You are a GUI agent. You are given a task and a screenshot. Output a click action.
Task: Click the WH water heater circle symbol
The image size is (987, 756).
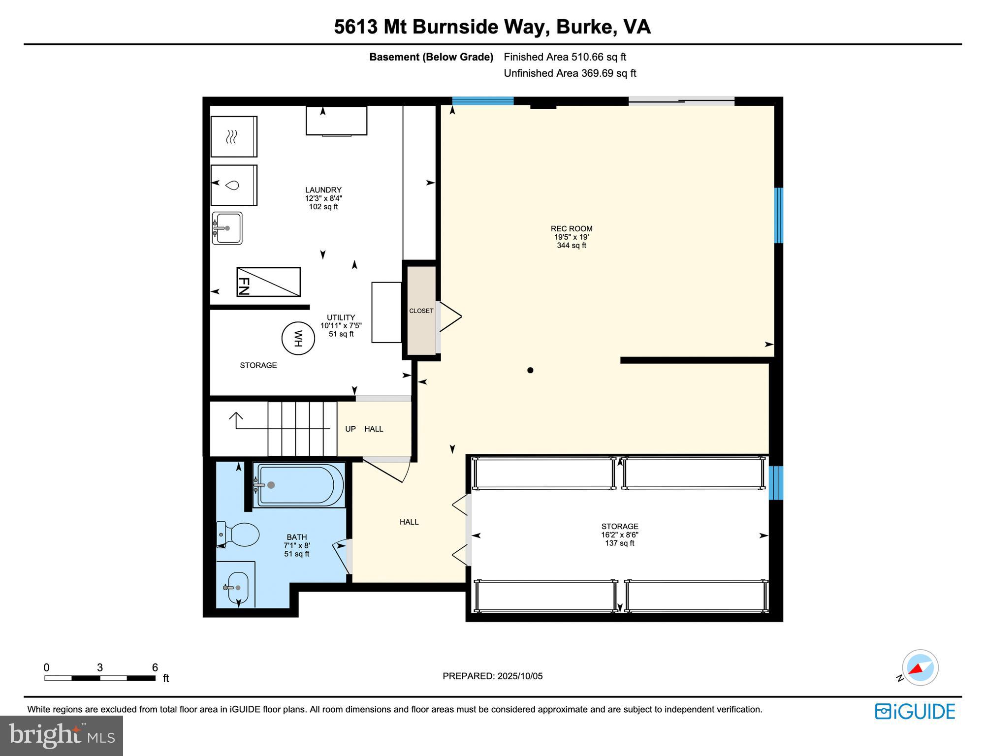coord(298,338)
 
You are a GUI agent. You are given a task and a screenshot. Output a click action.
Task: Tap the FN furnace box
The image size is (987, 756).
coord(268,282)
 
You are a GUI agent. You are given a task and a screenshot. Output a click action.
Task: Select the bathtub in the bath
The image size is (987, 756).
coord(299,485)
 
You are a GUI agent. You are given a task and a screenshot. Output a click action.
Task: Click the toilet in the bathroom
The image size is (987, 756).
coord(239,535)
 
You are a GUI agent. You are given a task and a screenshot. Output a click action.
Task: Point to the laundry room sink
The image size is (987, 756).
coord(227,228)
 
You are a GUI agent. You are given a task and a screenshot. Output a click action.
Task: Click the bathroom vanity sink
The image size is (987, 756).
coord(238,588)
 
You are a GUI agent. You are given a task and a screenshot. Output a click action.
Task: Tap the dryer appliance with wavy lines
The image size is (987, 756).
coord(233,136)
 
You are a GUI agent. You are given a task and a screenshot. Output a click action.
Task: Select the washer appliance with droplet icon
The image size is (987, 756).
coord(233,185)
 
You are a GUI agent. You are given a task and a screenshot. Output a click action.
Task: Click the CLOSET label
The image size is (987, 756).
coord(421,311)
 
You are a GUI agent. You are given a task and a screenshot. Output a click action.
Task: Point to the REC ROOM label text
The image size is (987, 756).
coord(571,229)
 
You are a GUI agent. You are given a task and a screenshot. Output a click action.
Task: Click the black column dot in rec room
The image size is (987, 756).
coord(530,370)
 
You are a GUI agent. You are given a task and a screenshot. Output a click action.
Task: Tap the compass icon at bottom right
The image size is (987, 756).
coord(920,667)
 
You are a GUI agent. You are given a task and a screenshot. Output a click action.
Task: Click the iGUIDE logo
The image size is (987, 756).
coord(915,712)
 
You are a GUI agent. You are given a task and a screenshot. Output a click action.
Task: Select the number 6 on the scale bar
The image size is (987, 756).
coord(155,667)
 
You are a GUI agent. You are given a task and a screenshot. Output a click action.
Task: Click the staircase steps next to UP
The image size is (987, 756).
coord(302,429)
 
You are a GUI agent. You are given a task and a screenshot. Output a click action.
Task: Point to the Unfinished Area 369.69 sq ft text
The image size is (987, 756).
coord(570,73)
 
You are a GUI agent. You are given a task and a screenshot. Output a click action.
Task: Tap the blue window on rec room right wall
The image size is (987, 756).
coord(778,216)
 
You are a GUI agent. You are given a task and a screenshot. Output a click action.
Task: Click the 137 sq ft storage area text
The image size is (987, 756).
coord(619,543)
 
